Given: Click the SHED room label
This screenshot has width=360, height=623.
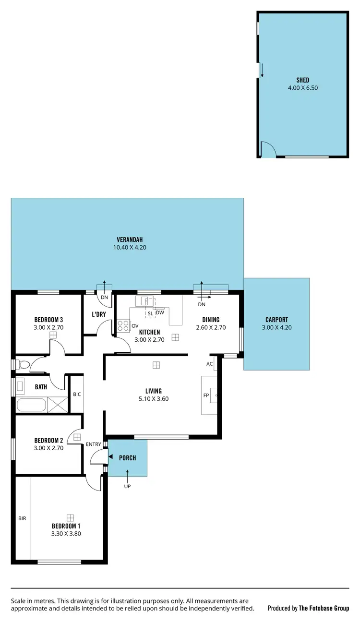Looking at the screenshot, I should point(302,80).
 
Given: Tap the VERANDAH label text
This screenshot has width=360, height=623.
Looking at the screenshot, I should point(130,240).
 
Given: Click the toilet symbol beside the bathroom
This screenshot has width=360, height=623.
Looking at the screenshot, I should point(22,364).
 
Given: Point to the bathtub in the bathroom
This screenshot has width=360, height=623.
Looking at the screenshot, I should point(31,405).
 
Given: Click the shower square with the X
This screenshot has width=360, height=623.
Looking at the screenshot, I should point(58,405).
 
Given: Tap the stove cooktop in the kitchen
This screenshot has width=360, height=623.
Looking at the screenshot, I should point(123,326).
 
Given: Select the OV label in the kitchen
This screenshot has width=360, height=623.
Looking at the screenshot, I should point(135,325).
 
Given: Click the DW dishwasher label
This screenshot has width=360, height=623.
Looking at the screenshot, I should point(160,313).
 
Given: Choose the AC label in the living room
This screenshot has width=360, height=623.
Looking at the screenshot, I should point(209,364).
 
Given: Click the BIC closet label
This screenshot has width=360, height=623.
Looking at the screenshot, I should point(77,394).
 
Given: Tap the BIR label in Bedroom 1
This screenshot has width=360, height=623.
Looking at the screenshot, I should point(22,518).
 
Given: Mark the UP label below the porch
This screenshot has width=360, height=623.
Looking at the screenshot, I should point(127,486).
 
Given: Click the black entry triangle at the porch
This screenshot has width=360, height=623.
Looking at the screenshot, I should point(110,457).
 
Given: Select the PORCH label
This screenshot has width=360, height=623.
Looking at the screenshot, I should point(127,458).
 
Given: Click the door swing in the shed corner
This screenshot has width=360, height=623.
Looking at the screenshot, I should point(267,149).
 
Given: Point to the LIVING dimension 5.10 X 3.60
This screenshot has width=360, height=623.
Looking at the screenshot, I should point(154,399).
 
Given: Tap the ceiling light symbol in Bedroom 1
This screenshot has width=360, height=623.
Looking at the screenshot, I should point(71,517).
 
